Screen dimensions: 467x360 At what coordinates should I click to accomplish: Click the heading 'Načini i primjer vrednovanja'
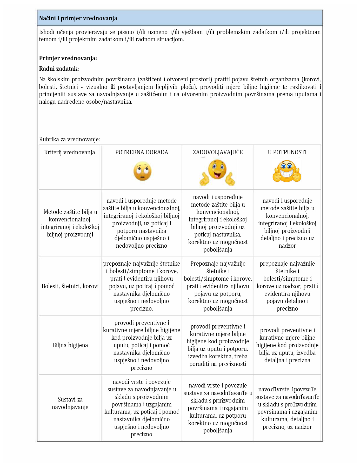(x=78, y=18)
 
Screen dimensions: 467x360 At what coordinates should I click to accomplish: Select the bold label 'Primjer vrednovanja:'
(x=68, y=58)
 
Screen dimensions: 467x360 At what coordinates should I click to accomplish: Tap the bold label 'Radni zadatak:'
(x=59, y=69)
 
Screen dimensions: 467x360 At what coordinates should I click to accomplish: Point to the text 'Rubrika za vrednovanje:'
(x=70, y=139)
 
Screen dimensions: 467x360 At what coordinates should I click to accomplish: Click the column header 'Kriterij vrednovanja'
(x=70, y=152)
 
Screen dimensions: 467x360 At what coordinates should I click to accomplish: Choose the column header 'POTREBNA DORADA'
(x=142, y=152)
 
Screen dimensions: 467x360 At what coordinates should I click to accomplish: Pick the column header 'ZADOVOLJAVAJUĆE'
(x=218, y=152)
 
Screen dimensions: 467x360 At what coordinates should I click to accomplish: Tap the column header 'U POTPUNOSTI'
(x=287, y=152)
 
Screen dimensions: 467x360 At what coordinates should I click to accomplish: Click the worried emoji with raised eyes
(x=142, y=171)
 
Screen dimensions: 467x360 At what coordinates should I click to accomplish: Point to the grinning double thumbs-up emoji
(x=287, y=172)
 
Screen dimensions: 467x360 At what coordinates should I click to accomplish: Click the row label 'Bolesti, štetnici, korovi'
(x=70, y=286)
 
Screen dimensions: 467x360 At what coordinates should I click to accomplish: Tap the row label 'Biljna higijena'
(x=70, y=345)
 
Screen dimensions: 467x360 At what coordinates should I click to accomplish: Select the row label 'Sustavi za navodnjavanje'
(x=70, y=403)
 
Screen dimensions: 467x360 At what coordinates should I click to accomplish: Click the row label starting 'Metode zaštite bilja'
(x=70, y=223)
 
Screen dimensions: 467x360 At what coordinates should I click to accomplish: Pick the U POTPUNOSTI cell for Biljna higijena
(x=287, y=345)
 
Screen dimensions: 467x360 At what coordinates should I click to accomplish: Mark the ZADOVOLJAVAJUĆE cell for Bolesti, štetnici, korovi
(x=218, y=286)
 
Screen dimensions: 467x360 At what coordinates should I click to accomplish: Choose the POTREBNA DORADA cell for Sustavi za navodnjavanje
(x=142, y=408)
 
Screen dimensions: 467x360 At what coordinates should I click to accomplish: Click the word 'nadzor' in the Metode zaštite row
(x=287, y=246)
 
